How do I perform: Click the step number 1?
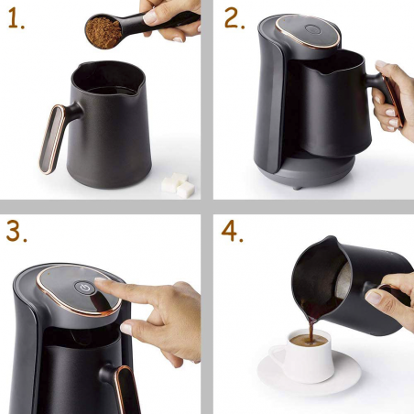click(15, 19)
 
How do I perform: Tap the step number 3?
click(16, 232)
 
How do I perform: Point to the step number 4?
click(233, 232)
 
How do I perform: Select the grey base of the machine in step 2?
click(302, 170)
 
